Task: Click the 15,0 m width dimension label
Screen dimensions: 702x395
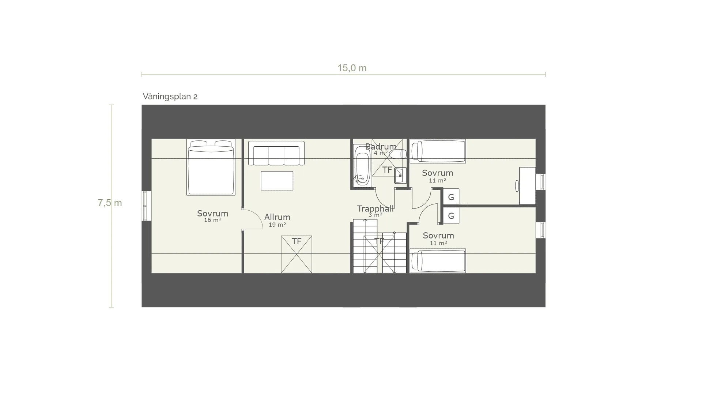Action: point(352,68)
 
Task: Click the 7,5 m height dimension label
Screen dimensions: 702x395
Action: point(110,203)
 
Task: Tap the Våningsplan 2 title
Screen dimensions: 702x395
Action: point(170,97)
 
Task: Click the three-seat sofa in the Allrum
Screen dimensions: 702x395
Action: point(276,153)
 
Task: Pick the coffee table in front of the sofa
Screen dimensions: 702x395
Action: point(277,181)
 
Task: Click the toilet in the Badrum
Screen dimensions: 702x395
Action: point(398,154)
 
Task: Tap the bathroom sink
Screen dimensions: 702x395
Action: point(400,176)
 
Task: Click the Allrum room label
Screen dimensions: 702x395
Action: point(277,217)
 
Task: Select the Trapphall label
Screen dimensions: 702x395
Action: point(375,209)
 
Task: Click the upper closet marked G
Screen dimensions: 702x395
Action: point(451,197)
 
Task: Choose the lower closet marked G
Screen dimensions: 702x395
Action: point(451,216)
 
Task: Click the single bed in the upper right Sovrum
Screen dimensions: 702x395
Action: point(438,151)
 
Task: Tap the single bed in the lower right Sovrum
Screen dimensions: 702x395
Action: point(438,261)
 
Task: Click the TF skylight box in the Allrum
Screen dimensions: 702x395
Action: point(297,254)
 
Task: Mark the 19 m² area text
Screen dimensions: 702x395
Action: point(277,225)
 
